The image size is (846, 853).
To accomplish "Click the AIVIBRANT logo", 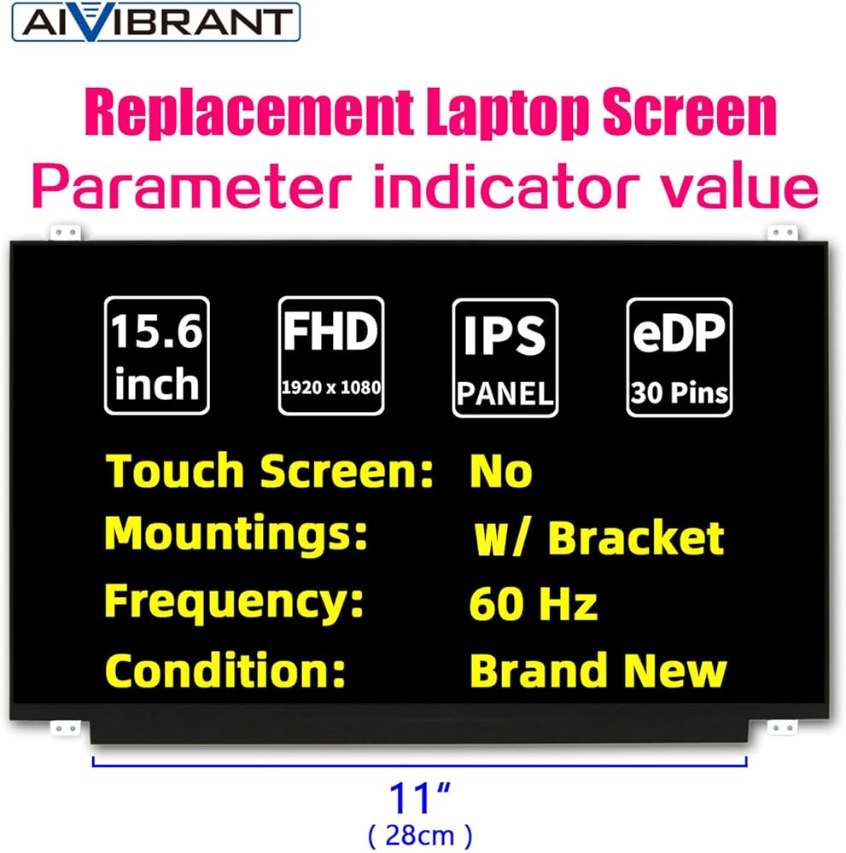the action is click(155, 22).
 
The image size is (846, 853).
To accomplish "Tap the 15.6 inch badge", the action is click(157, 356).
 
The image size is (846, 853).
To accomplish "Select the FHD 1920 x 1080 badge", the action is click(331, 356).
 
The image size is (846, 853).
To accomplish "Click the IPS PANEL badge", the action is click(505, 357).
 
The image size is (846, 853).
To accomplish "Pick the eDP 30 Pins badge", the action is click(680, 357).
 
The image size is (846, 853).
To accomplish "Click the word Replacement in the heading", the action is click(248, 113).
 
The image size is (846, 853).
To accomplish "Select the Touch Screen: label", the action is click(270, 471).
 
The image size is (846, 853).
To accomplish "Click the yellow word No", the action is click(501, 471).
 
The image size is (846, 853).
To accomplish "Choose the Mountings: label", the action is click(236, 534).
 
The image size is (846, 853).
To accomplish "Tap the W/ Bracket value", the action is click(598, 538).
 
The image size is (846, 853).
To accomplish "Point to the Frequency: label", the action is click(234, 602).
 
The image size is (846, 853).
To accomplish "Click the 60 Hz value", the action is click(533, 603).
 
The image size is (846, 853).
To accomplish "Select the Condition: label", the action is click(225, 670).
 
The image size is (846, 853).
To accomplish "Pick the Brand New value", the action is click(598, 670).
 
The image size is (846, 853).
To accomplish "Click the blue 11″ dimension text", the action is click(420, 798).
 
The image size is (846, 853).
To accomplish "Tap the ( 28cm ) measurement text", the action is click(420, 836).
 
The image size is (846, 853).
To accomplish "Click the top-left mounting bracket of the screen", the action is click(66, 233).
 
